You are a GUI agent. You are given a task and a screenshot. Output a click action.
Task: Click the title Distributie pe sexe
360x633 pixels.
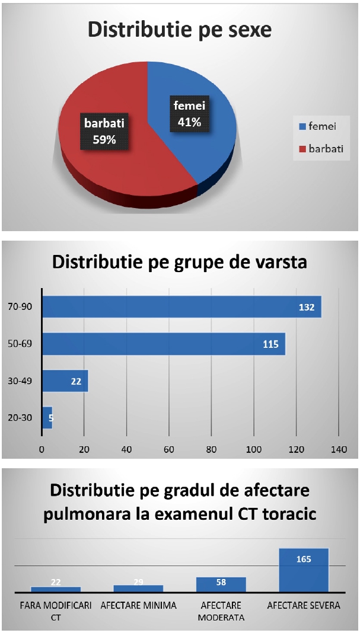180,30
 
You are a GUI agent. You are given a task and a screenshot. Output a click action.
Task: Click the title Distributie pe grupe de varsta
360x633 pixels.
180,261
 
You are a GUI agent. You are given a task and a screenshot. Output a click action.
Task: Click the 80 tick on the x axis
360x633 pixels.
211,449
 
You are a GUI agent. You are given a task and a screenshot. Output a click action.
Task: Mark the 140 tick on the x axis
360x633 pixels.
338,449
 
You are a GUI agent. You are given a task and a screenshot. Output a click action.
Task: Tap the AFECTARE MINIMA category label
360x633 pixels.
138,606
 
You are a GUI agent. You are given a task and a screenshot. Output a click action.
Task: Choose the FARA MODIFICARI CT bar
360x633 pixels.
56,589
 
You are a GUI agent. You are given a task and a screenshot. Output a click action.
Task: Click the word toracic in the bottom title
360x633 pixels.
288,514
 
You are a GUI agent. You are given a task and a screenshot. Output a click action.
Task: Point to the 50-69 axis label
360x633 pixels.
22,344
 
